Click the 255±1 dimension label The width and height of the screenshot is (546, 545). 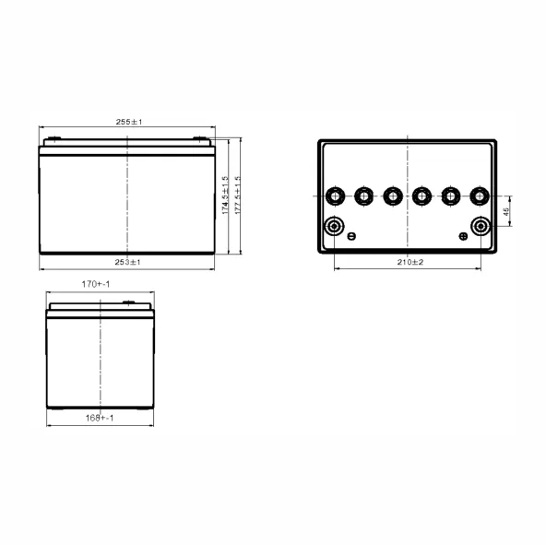point(128,121)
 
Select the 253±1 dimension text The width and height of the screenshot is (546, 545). point(128,263)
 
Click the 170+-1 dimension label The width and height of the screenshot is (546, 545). point(96,285)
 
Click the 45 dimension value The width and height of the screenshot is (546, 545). point(506,211)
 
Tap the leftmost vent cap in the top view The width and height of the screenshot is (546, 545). point(335,195)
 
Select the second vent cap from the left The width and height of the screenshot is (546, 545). point(364,195)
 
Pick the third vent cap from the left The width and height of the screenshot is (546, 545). point(393,195)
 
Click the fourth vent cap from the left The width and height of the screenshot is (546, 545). point(422,195)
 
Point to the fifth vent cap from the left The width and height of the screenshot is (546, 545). point(451,195)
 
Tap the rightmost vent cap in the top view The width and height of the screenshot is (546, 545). point(480,195)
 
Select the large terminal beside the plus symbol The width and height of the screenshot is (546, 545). point(481,227)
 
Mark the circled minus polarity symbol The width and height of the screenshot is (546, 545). point(351,237)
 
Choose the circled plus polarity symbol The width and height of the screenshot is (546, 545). point(463,237)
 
